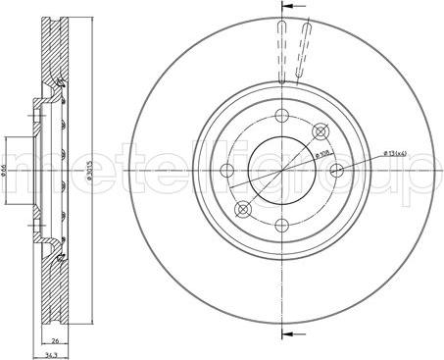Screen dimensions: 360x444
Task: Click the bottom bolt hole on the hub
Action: [281, 226]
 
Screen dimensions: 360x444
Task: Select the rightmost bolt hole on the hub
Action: [338, 169]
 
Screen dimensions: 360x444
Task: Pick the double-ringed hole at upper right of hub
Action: [319, 130]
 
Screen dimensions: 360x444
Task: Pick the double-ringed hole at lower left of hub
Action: [243, 208]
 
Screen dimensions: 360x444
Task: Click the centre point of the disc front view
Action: [281, 169]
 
